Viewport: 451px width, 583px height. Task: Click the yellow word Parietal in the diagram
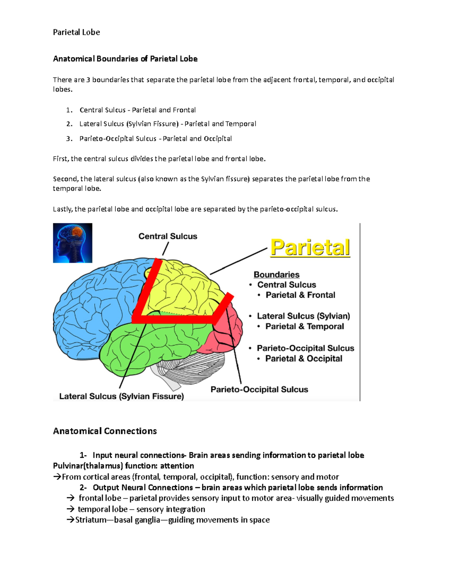(x=310, y=248)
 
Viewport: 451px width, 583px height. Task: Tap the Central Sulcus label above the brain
(x=168, y=236)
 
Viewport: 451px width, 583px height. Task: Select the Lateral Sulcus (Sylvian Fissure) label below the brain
(x=121, y=396)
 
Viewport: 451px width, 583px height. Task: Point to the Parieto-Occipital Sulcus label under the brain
(x=259, y=390)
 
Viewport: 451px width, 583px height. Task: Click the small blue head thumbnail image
(x=73, y=243)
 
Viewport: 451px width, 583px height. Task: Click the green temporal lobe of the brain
(x=158, y=345)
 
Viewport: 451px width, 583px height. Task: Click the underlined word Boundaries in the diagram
(x=276, y=275)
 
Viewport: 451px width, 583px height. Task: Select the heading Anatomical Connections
(x=105, y=431)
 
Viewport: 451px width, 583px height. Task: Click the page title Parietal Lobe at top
(x=76, y=32)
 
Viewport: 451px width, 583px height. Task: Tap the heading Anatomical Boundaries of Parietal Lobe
(x=125, y=59)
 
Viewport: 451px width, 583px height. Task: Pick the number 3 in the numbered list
(x=69, y=139)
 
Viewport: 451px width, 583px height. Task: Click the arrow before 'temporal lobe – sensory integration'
(x=70, y=509)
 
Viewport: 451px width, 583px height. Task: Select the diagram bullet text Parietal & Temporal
(x=304, y=327)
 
